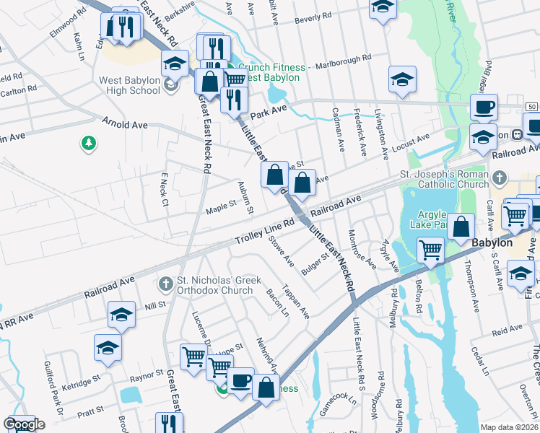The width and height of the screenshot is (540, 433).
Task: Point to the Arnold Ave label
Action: coord(124,125)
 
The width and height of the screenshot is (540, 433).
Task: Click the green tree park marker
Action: coord(89,144)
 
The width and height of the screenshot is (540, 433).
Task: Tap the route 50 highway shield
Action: coord(531,107)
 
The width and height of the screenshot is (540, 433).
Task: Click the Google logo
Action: coord(24,424)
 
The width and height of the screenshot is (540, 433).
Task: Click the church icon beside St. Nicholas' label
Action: coord(166,283)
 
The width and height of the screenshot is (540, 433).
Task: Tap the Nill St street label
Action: coord(155,305)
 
